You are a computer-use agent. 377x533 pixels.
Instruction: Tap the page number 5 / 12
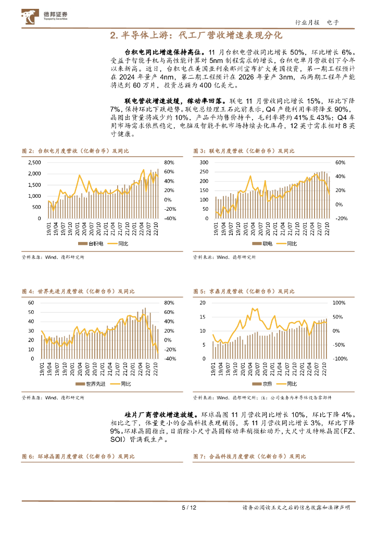[x=188, y=507]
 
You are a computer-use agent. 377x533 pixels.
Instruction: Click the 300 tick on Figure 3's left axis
[x=204, y=162]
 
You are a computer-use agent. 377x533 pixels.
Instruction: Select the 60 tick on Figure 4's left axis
[x=31, y=303]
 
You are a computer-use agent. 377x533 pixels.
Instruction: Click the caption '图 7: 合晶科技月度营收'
[x=249, y=456]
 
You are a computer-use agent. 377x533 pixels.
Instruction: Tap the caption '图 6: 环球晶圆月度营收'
[x=78, y=456]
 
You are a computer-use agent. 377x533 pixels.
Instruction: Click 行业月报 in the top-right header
[x=307, y=22]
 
